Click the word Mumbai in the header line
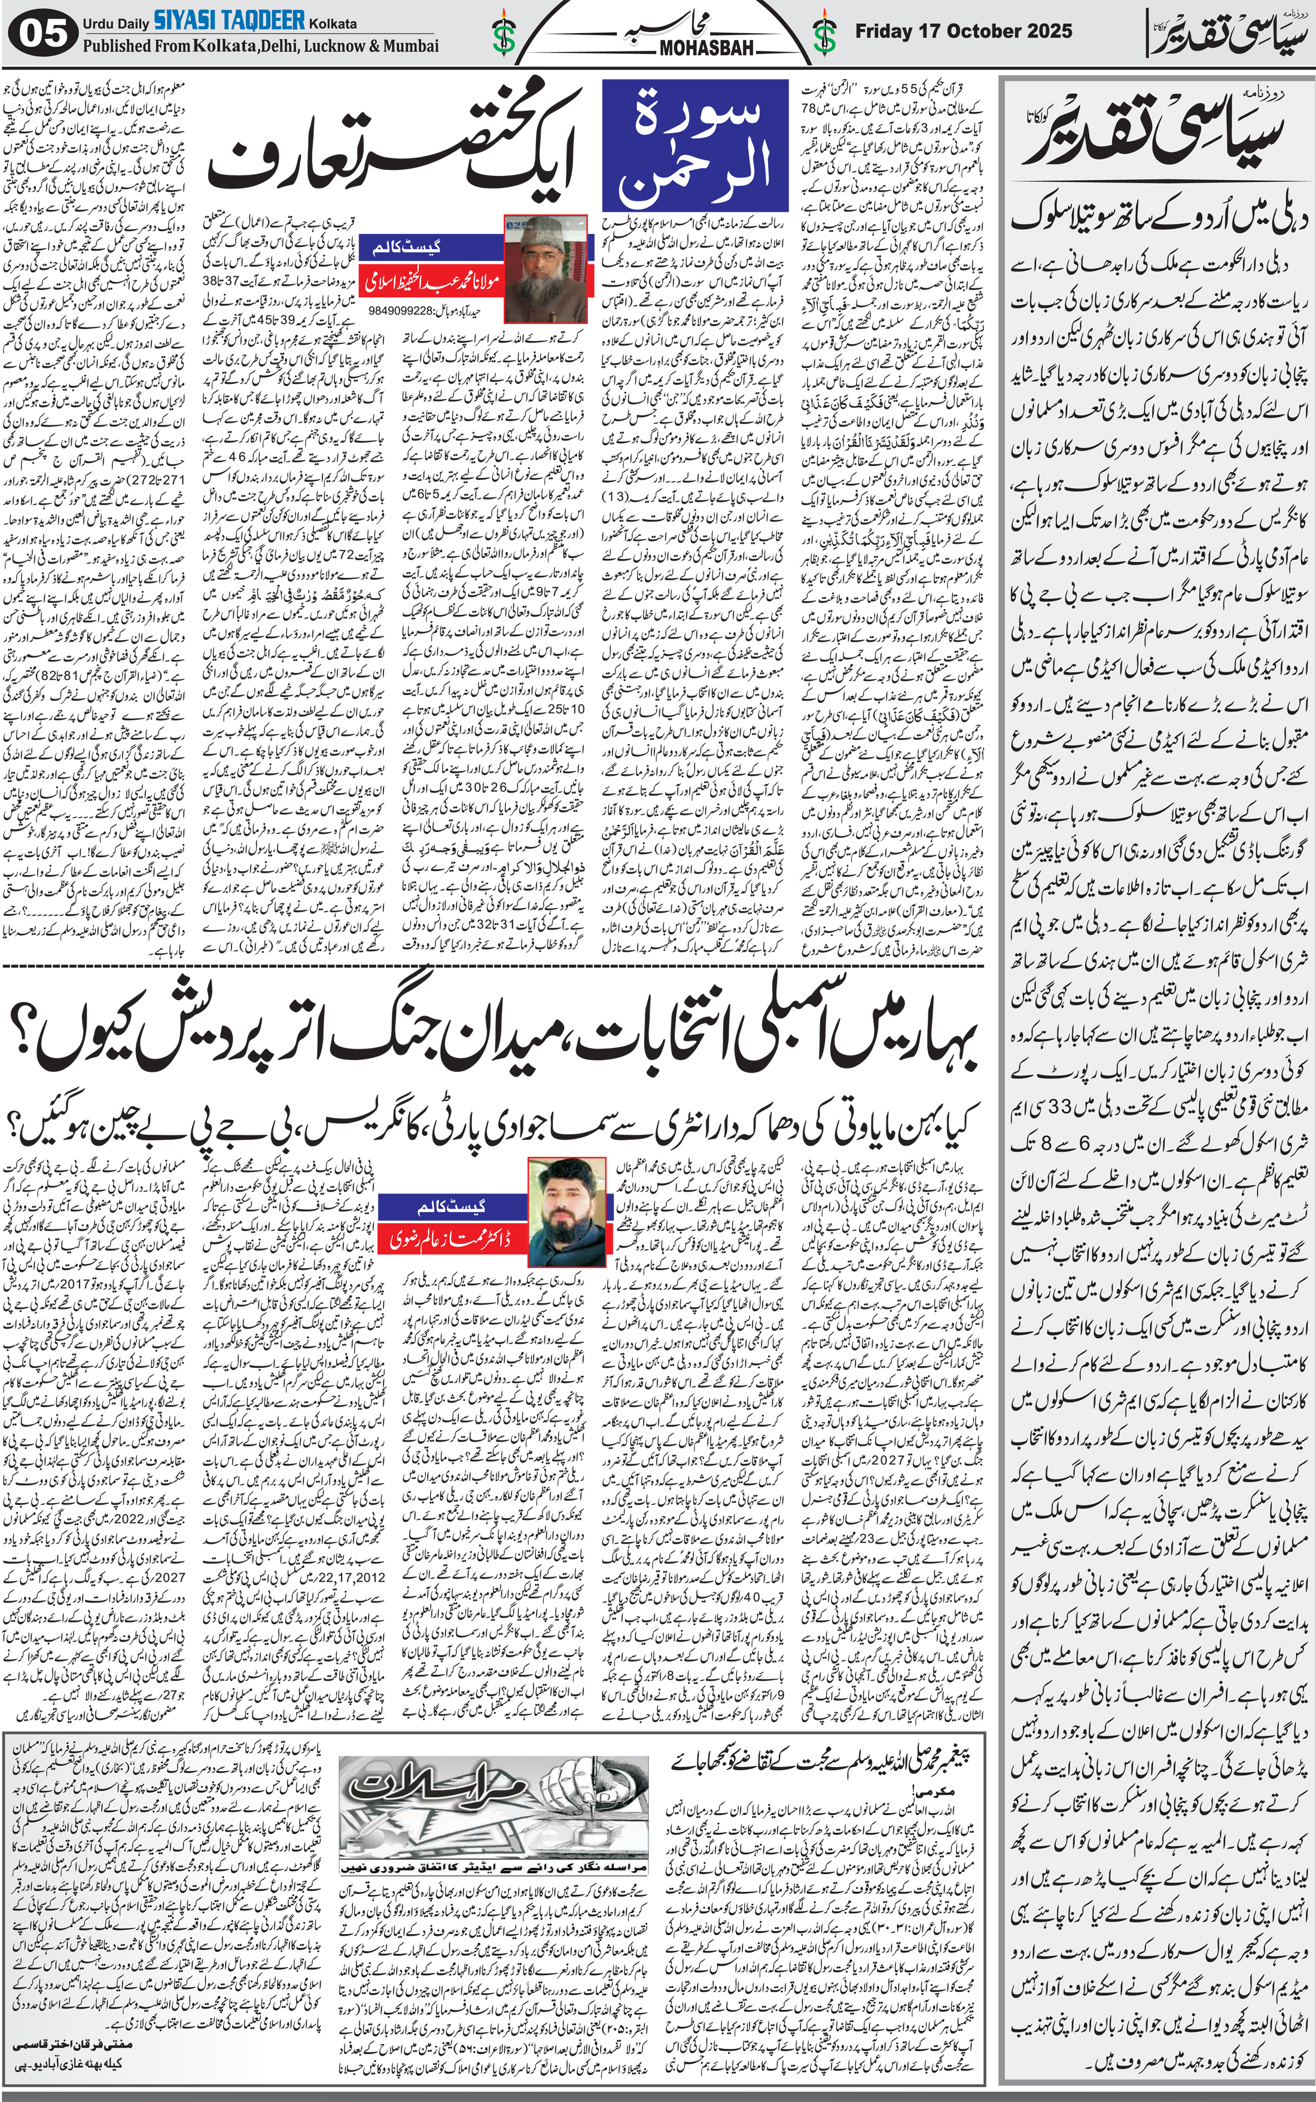pyautogui.click(x=409, y=45)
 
